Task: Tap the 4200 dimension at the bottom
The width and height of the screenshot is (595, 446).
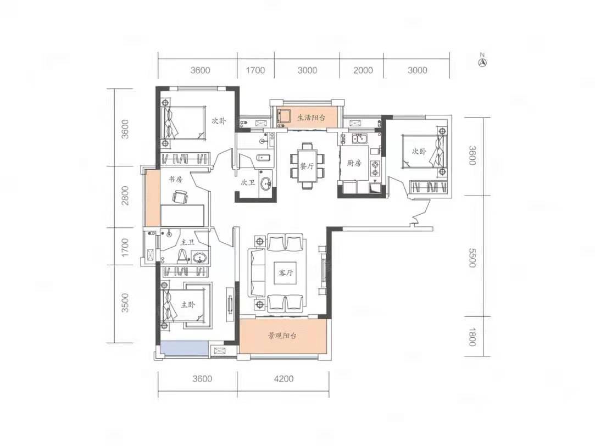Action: [283, 378]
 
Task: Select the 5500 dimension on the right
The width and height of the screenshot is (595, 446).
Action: [472, 258]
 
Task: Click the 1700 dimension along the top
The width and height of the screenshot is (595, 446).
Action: [255, 70]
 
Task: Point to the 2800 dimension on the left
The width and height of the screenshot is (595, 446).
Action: [125, 196]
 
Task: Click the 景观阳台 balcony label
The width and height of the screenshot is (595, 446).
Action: [282, 336]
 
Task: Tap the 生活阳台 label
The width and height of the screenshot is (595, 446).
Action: [311, 118]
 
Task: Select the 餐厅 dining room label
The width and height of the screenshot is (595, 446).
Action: [307, 166]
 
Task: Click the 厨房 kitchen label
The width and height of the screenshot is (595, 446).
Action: [354, 163]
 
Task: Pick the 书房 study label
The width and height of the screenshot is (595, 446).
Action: [175, 179]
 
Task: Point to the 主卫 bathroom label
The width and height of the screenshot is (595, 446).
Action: [187, 242]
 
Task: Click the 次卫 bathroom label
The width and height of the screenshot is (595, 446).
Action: [248, 182]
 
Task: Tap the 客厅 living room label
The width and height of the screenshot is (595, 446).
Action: [286, 272]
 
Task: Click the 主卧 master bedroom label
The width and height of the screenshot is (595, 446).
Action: [187, 304]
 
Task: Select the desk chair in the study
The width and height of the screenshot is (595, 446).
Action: [180, 197]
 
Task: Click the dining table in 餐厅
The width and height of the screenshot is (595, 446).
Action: [307, 166]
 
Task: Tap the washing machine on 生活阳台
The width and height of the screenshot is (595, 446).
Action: [283, 115]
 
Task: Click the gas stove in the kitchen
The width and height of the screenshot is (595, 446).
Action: [375, 169]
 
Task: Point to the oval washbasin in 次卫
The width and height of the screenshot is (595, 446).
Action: [267, 183]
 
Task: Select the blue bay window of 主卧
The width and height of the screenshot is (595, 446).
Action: [185, 349]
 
